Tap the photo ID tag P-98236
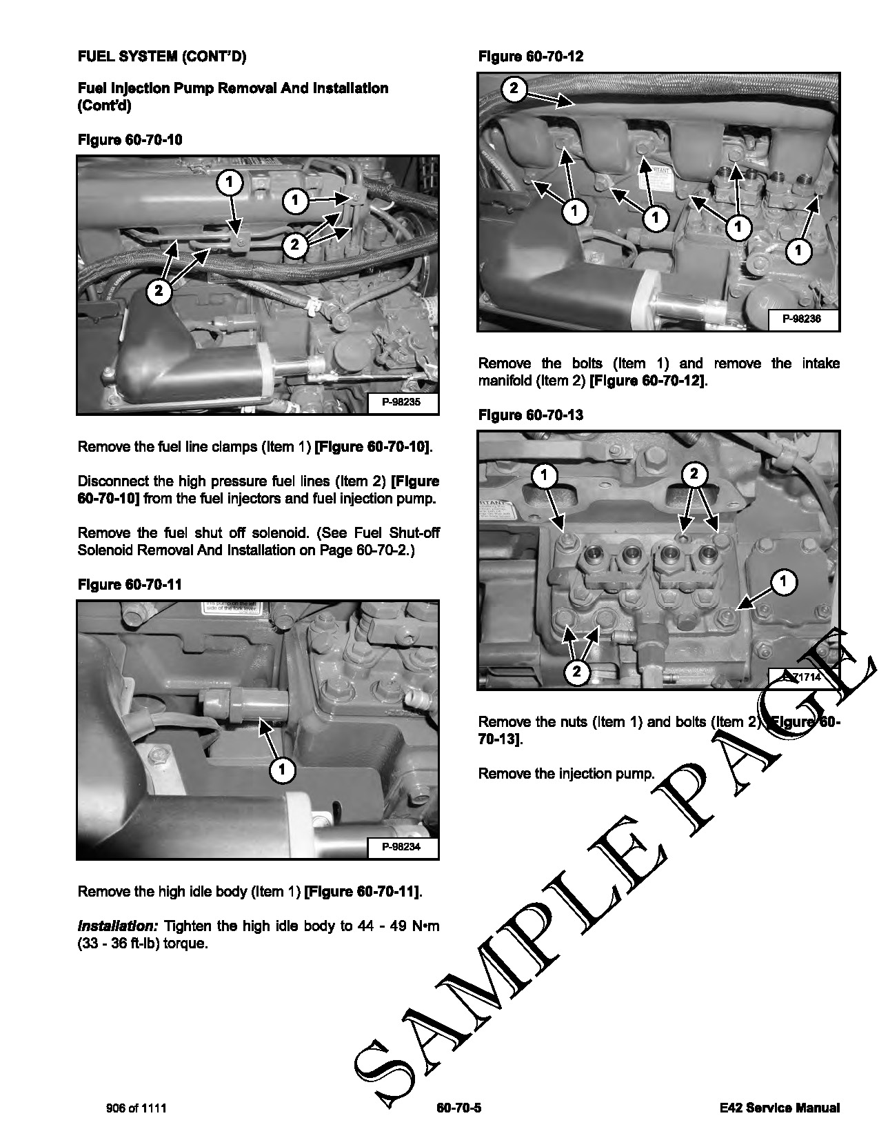point(801,319)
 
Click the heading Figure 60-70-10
point(130,140)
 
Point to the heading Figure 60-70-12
point(530,57)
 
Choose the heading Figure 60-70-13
point(530,415)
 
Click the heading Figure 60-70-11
point(130,585)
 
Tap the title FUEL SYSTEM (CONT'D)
point(161,57)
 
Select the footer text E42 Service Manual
point(778,1108)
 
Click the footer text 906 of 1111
point(137,1108)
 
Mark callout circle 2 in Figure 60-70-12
point(515,88)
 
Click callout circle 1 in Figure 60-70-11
point(282,770)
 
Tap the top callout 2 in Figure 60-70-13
point(694,474)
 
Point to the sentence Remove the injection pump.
point(566,774)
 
